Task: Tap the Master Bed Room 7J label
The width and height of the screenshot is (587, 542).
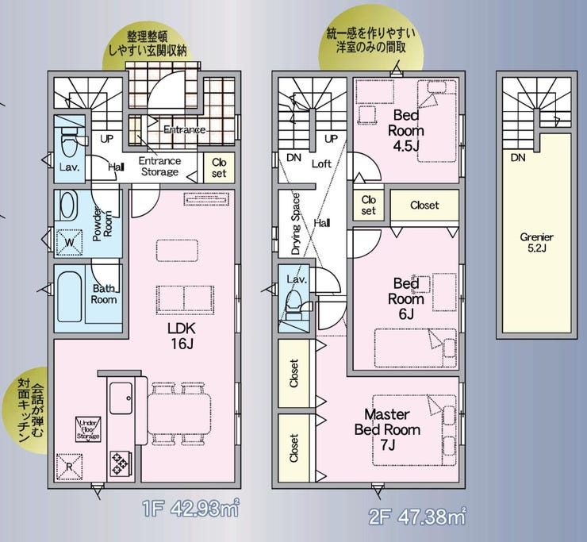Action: pyautogui.click(x=386, y=429)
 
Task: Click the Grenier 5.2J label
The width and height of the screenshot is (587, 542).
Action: pyautogui.click(x=536, y=243)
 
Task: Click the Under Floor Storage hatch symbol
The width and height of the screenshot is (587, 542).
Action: pyautogui.click(x=87, y=429)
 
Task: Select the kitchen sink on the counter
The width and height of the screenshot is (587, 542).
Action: pyautogui.click(x=121, y=396)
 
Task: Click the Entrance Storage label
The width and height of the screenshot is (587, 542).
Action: pyautogui.click(x=159, y=167)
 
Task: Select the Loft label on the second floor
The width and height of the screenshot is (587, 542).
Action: pyautogui.click(x=320, y=164)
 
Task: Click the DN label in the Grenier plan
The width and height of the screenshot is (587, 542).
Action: pyautogui.click(x=517, y=158)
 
